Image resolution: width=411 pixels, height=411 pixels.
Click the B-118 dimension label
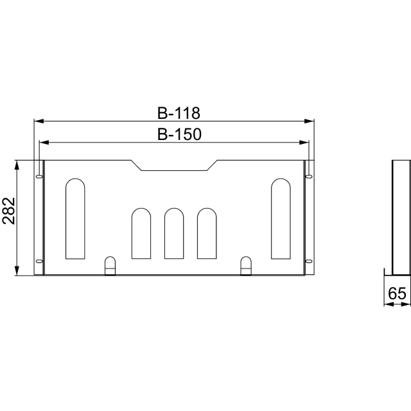click(179, 113)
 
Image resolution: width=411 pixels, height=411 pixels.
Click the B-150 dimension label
click(179, 134)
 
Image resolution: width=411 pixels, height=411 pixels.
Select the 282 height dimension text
click(8, 211)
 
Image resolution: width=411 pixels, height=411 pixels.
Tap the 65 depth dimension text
click(397, 293)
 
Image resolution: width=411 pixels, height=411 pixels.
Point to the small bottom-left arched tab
click(110, 265)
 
